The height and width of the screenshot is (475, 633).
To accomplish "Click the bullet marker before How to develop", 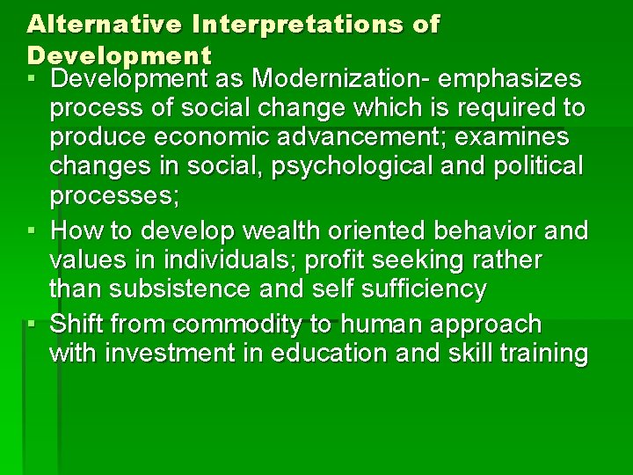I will [x=32, y=231].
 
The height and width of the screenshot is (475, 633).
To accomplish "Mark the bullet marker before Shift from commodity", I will [x=32, y=325].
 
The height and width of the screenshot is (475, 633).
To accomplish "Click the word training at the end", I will [x=541, y=354].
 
